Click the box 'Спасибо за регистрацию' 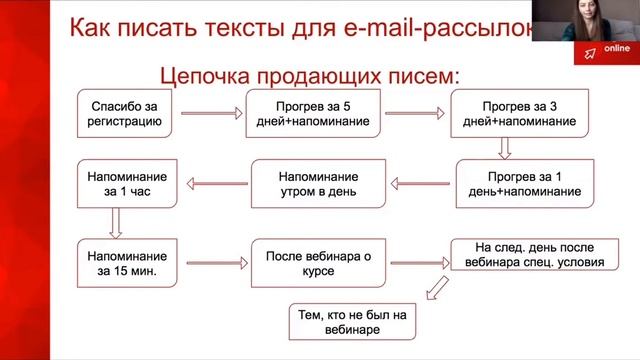tap(123, 113)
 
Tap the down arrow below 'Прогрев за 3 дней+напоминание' tap(505, 147)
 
